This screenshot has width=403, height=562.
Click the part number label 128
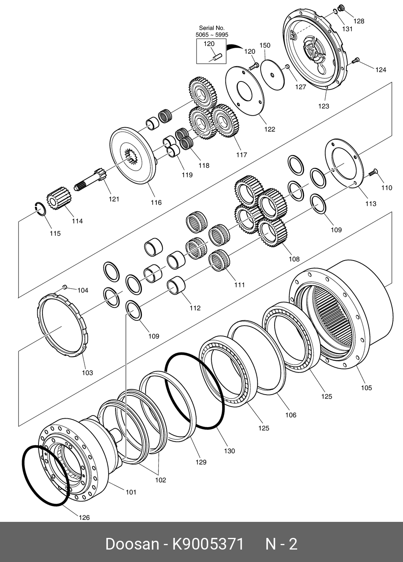358,21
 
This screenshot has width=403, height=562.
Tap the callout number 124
381,70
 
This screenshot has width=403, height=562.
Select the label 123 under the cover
323,106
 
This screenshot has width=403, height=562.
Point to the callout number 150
265,45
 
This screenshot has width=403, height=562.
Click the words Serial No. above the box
212,28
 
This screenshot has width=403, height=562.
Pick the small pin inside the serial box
217,57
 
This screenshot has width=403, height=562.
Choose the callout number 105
366,388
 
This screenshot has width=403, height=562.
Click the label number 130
229,451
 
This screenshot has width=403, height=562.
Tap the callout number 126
84,517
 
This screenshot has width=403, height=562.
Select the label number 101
131,492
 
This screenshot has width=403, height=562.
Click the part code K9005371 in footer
208,544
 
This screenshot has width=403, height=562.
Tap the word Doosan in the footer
132,544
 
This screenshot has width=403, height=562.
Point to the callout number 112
195,308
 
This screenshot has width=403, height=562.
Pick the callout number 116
156,202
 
